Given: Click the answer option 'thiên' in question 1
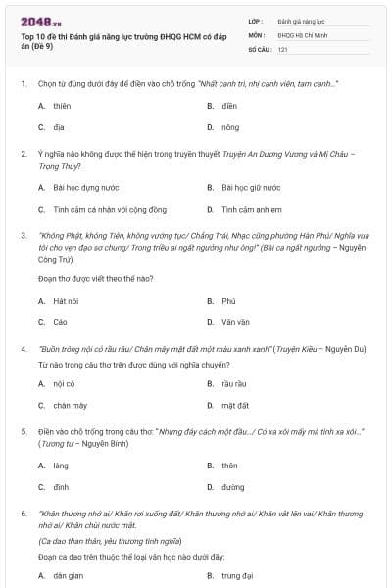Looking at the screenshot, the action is click(62, 105).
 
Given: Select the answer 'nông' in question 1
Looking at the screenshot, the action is click(231, 127).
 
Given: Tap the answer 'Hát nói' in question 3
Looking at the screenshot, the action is click(66, 300).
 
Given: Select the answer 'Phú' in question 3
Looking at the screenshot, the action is click(229, 300).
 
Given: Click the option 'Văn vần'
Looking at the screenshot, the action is click(235, 321).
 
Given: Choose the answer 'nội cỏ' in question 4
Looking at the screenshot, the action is click(65, 383).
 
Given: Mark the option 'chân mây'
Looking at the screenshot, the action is click(70, 405).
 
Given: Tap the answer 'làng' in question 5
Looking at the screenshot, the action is click(61, 465).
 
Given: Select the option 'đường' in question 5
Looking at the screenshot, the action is click(233, 487).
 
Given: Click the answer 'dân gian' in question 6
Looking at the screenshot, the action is click(67, 576).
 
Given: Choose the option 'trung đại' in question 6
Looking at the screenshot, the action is click(237, 576).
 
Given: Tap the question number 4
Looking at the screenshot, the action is click(24, 348).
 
